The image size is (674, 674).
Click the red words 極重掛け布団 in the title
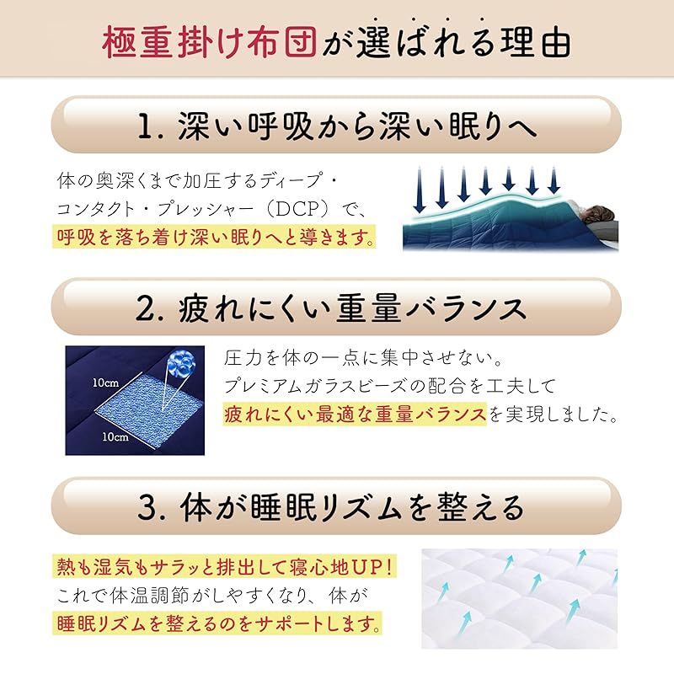(210, 42)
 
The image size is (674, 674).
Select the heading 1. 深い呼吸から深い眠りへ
(337, 126)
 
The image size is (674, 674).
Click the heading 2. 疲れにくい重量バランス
(337, 308)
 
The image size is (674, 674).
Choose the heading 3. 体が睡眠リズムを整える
(337, 506)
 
